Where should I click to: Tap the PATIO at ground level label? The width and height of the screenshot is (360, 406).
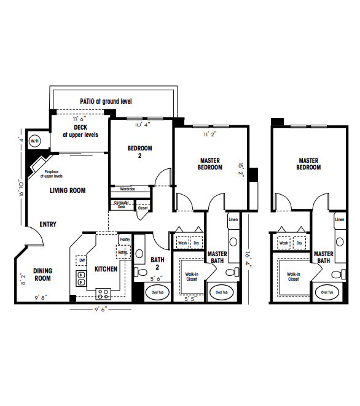click(106, 101)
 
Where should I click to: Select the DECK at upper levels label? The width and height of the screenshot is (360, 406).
click(80, 131)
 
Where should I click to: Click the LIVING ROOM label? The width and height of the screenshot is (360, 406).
click(68, 190)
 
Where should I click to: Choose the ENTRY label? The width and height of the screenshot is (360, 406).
click(48, 224)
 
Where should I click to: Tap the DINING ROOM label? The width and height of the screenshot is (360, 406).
click(42, 274)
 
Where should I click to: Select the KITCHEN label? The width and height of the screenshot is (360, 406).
click(106, 269)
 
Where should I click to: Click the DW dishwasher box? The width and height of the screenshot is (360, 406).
click(82, 260)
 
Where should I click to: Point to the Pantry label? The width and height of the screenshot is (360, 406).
click(125, 240)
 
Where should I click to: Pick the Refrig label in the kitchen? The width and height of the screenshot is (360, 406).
click(122, 252)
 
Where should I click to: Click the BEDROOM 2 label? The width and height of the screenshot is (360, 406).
click(139, 151)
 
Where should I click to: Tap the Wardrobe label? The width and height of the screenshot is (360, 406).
click(128, 189)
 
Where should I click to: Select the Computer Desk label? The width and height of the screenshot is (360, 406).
click(122, 205)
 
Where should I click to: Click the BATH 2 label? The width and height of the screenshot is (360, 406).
click(158, 263)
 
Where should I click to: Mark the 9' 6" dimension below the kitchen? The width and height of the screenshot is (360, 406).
click(100, 310)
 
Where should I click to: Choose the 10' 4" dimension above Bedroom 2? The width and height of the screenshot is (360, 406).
click(142, 125)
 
